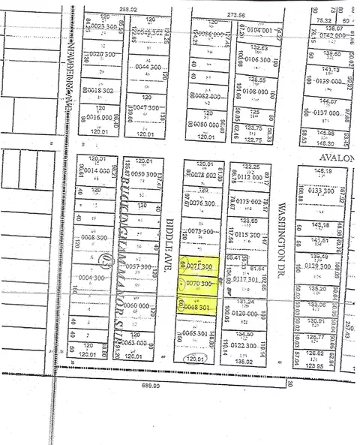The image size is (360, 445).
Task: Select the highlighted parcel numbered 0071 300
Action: point(199,266)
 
